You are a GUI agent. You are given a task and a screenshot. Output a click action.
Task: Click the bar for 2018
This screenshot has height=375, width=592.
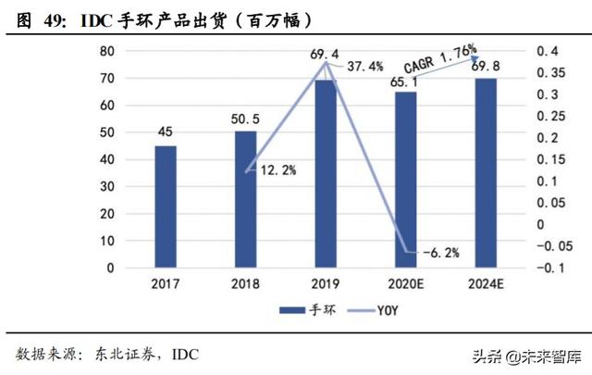pyautogui.click(x=245, y=199)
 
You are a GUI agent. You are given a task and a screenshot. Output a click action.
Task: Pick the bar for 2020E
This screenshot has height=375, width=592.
pyautogui.click(x=404, y=180)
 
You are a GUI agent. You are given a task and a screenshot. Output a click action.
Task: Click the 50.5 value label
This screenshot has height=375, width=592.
pyautogui.click(x=245, y=119)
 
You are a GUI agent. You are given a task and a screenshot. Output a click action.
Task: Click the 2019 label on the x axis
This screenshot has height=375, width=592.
pyautogui.click(x=325, y=284)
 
